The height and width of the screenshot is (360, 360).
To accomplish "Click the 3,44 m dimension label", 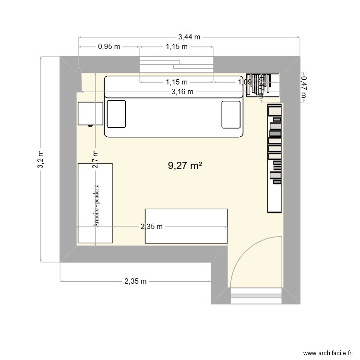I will [189, 36].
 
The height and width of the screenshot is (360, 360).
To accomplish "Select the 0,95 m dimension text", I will [109, 47].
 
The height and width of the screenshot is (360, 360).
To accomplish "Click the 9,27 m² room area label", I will [184, 166].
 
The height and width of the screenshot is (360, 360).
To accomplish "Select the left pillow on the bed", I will [116, 114].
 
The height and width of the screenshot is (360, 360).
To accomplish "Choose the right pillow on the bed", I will [231, 114].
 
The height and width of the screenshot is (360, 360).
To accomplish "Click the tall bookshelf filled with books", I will [275, 158].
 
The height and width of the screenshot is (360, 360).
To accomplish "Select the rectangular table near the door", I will [186, 226].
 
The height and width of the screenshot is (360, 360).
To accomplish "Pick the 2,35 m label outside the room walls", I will [135, 281].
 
